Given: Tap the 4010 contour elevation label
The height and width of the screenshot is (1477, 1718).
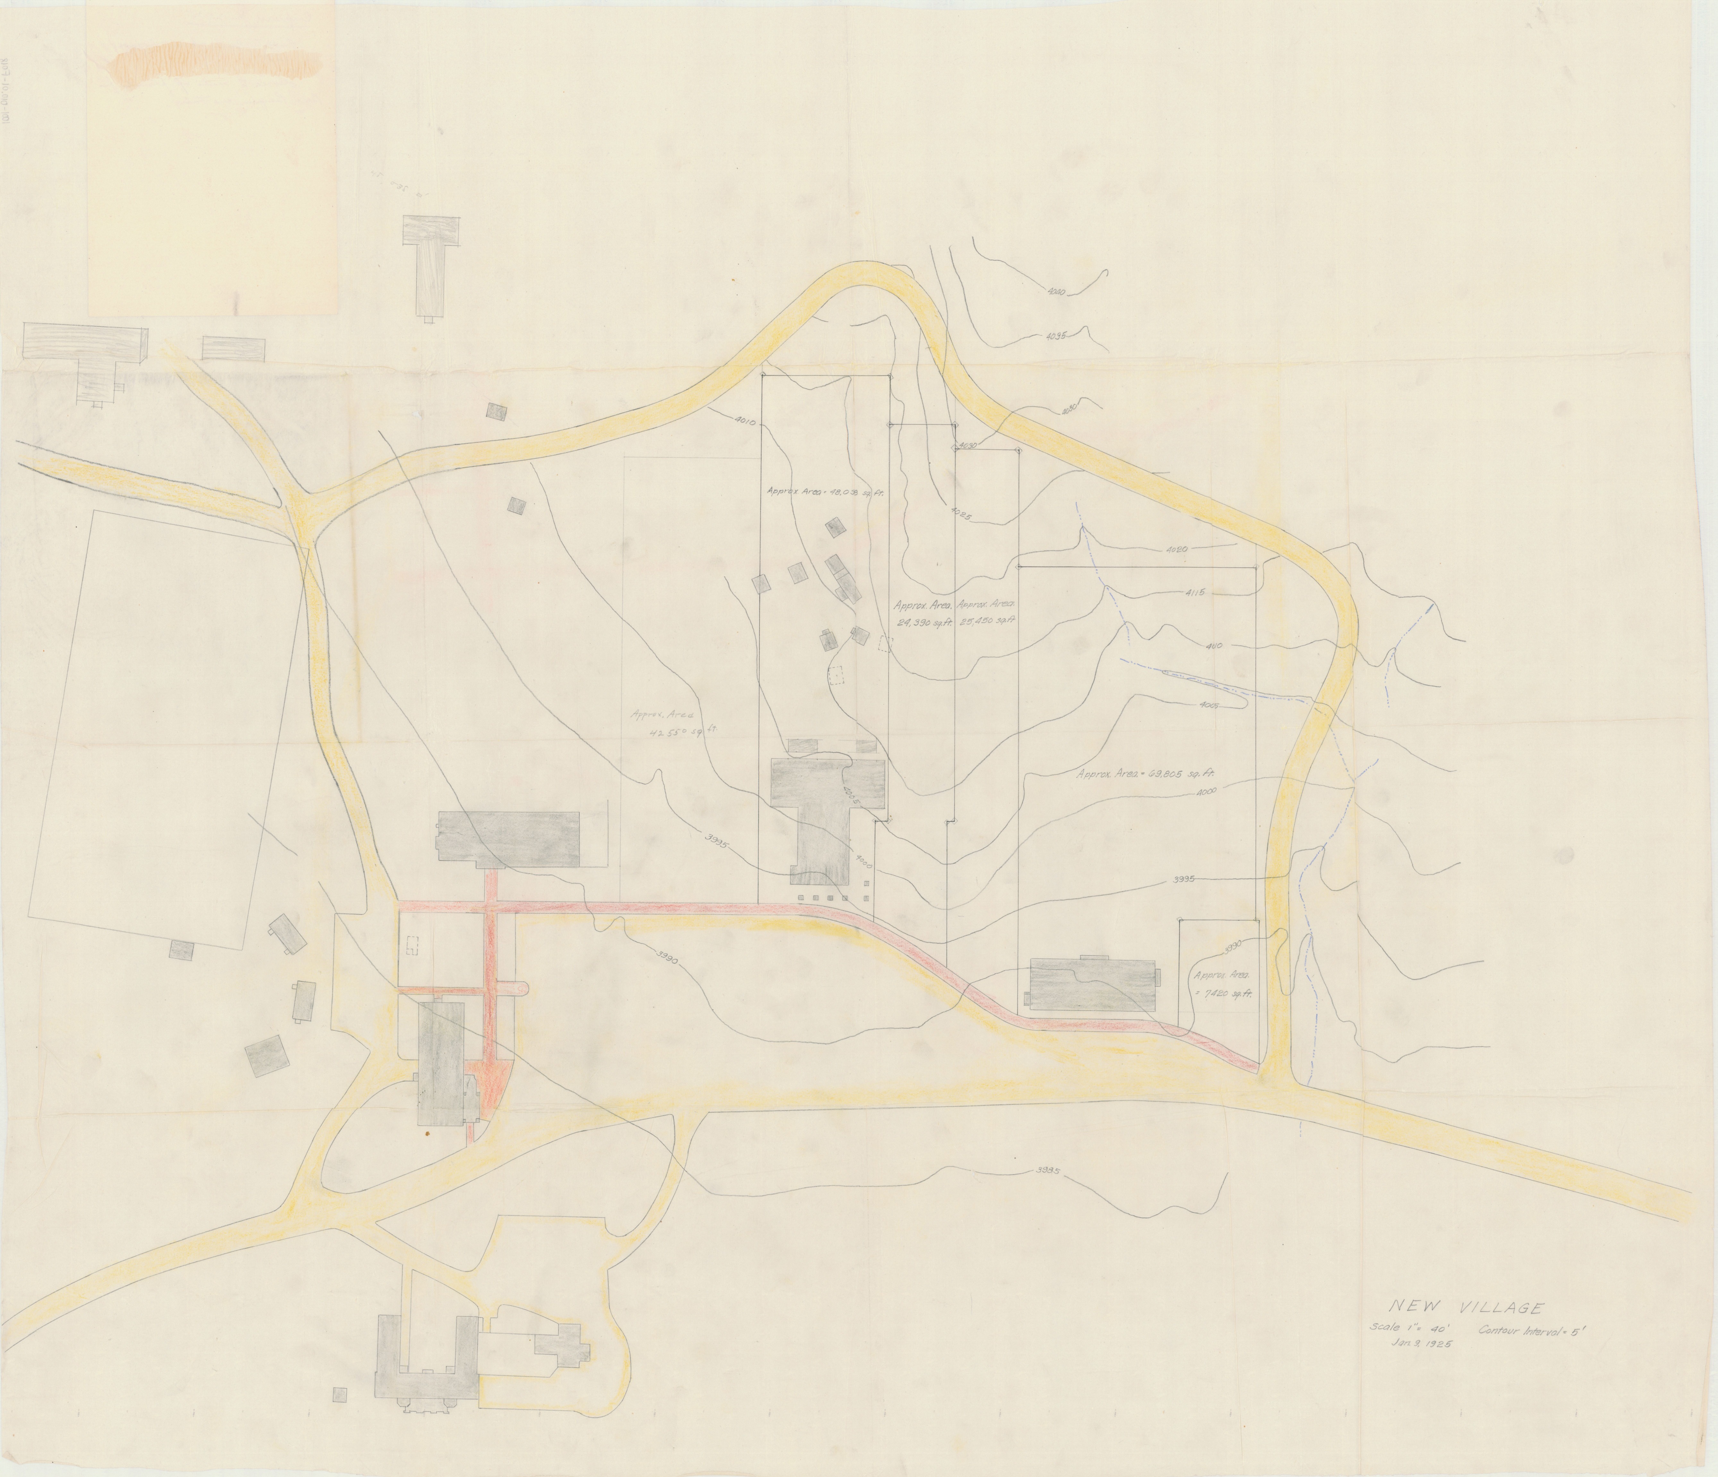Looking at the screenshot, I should pos(744,422).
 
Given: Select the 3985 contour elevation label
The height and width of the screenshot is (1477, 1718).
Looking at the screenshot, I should pos(1049,1172).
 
